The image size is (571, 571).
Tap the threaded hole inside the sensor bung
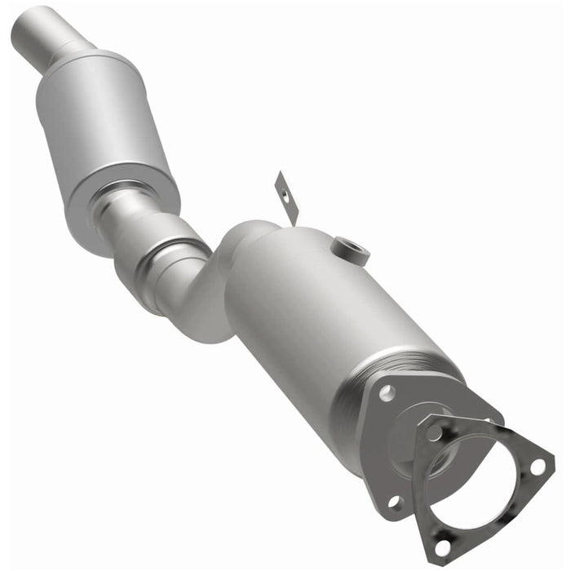(347, 246)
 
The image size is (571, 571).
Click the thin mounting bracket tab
(285, 197)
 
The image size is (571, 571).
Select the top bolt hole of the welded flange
(387, 393)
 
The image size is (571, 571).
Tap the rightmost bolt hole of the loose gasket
(537, 467)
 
